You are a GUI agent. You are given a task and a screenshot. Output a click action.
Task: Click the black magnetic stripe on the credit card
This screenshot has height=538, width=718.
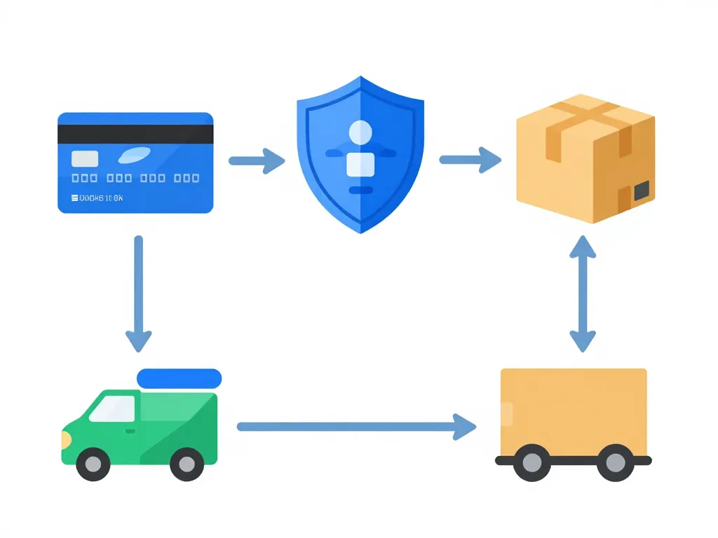click(x=135, y=134)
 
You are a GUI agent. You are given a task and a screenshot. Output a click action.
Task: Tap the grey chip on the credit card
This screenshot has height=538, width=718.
click(x=85, y=158)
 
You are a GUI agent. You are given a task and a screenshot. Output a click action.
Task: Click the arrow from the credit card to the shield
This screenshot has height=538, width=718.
click(x=257, y=160)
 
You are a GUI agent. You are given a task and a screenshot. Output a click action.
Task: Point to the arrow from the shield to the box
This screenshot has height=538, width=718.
click(x=470, y=160)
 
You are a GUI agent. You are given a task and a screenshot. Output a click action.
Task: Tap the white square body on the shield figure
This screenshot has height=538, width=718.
click(x=360, y=163)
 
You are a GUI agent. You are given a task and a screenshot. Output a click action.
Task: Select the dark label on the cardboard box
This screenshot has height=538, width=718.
click(x=641, y=190)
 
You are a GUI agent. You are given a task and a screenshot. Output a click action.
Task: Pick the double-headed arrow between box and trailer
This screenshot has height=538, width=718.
click(x=582, y=294)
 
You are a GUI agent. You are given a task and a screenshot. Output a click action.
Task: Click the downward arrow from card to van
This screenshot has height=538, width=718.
click(x=138, y=294)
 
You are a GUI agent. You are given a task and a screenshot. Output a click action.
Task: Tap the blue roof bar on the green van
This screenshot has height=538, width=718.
click(x=179, y=378)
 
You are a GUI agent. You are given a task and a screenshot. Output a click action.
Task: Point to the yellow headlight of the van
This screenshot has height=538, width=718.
click(x=66, y=440)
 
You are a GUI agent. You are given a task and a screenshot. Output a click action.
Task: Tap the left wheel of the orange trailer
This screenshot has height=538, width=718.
click(x=532, y=462)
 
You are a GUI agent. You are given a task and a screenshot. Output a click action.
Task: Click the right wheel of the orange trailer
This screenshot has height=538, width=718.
click(x=615, y=462)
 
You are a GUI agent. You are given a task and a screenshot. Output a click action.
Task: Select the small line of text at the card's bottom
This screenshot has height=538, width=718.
click(x=97, y=198)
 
